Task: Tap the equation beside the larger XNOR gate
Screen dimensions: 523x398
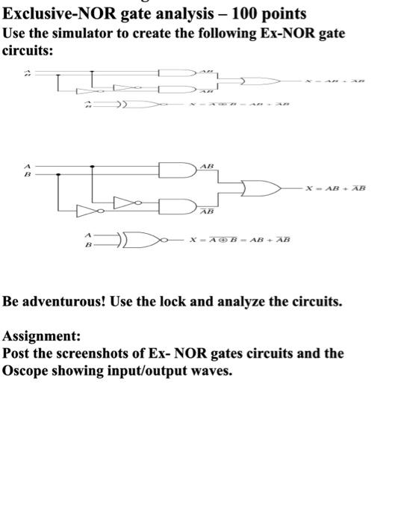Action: (x=238, y=239)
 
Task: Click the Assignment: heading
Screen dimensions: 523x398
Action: (x=42, y=336)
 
